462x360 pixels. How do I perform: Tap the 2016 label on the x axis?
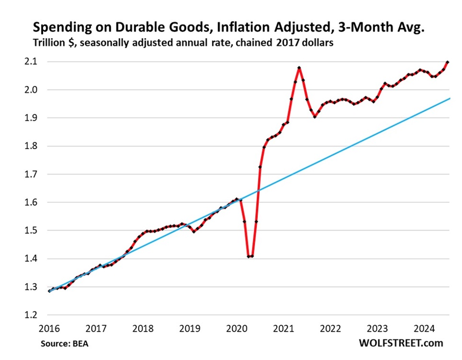(x=49, y=329)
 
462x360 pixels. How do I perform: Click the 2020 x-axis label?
(x=238, y=329)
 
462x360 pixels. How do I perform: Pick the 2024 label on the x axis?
(x=426, y=329)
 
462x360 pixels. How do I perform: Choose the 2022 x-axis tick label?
(x=332, y=329)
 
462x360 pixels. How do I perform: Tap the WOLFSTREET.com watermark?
(x=401, y=343)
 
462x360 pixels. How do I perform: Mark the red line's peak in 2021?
(x=300, y=68)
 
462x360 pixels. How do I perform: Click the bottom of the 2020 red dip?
(x=250, y=256)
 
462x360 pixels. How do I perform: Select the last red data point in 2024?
(x=448, y=62)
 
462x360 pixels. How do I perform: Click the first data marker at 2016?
(x=49, y=290)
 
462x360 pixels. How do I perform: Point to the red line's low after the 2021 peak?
(x=315, y=116)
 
